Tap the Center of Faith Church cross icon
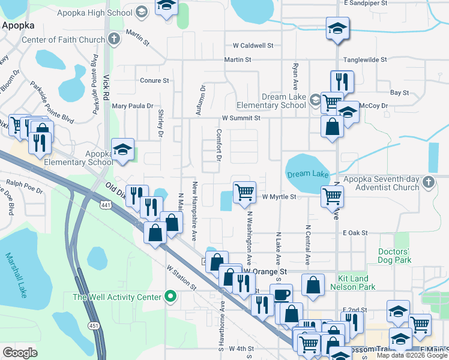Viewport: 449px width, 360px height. [x=115, y=40]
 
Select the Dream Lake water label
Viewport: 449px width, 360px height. [x=307, y=174]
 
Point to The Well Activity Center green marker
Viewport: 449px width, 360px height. [x=170, y=297]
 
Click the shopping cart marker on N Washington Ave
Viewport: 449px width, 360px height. [x=244, y=192]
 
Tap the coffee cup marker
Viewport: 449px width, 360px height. [x=281, y=294]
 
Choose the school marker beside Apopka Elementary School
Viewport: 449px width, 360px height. [x=122, y=150]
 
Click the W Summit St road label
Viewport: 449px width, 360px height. [x=240, y=118]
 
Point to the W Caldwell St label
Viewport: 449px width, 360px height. [x=253, y=45]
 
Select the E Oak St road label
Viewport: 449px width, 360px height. [x=354, y=233]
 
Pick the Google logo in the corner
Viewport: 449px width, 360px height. [x=20, y=353]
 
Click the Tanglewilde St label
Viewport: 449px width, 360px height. [x=366, y=59]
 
